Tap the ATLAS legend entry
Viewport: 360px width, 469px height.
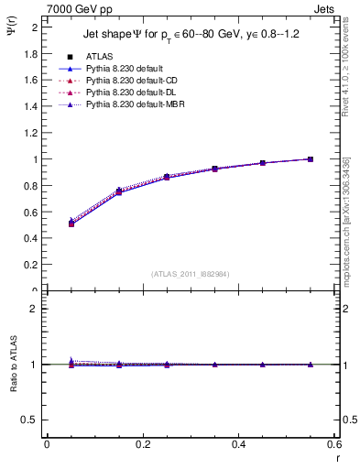tap(103, 56)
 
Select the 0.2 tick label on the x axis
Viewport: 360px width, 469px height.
tap(142, 446)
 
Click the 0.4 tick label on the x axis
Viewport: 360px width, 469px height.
tap(238, 446)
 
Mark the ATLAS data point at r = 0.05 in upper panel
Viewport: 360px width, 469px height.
tap(71, 224)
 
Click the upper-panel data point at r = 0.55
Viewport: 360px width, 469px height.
tap(311, 159)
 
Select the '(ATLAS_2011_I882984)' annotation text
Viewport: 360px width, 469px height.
tap(191, 274)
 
